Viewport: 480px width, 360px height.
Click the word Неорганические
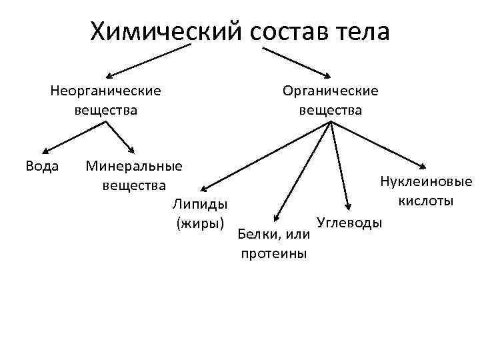[105, 90]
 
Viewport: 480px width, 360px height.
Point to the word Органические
[330, 90]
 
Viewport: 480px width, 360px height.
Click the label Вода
[42, 165]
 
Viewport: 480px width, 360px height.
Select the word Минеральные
[133, 165]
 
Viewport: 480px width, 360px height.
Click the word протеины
[273, 253]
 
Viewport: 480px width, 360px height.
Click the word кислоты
[425, 201]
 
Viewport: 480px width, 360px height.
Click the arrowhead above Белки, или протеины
[275, 217]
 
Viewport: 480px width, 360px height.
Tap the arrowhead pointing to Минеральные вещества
[131, 150]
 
